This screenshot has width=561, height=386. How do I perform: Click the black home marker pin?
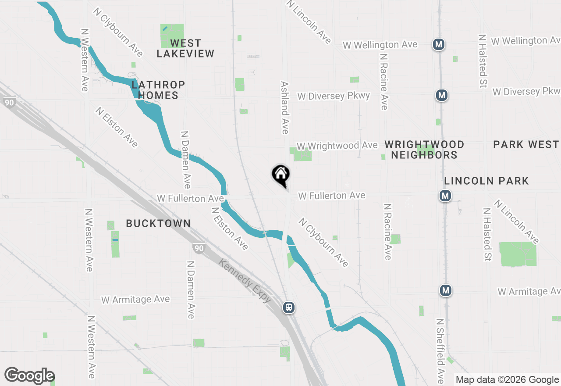[281, 175]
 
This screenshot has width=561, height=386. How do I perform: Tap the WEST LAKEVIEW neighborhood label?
[185, 48]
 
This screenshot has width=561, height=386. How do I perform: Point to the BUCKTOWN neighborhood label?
[158, 224]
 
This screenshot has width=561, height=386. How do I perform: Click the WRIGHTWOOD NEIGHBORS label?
[424, 150]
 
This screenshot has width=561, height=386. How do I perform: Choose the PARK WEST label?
[525, 144]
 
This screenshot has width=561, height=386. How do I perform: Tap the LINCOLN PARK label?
[486, 181]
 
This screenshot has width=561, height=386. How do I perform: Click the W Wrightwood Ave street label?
[337, 146]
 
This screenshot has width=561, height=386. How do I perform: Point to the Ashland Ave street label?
[285, 107]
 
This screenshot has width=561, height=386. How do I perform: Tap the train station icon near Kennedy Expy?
[288, 307]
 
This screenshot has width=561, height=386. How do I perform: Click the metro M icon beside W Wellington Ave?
[438, 44]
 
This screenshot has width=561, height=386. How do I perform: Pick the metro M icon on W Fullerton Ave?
[445, 196]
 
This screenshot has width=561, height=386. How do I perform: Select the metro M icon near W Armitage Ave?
[446, 290]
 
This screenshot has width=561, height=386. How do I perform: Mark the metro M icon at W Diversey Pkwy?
[441, 95]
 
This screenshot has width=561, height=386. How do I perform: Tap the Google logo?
[29, 375]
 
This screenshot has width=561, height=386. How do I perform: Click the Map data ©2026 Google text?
[507, 380]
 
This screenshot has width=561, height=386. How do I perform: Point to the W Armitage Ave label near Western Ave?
[135, 300]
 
